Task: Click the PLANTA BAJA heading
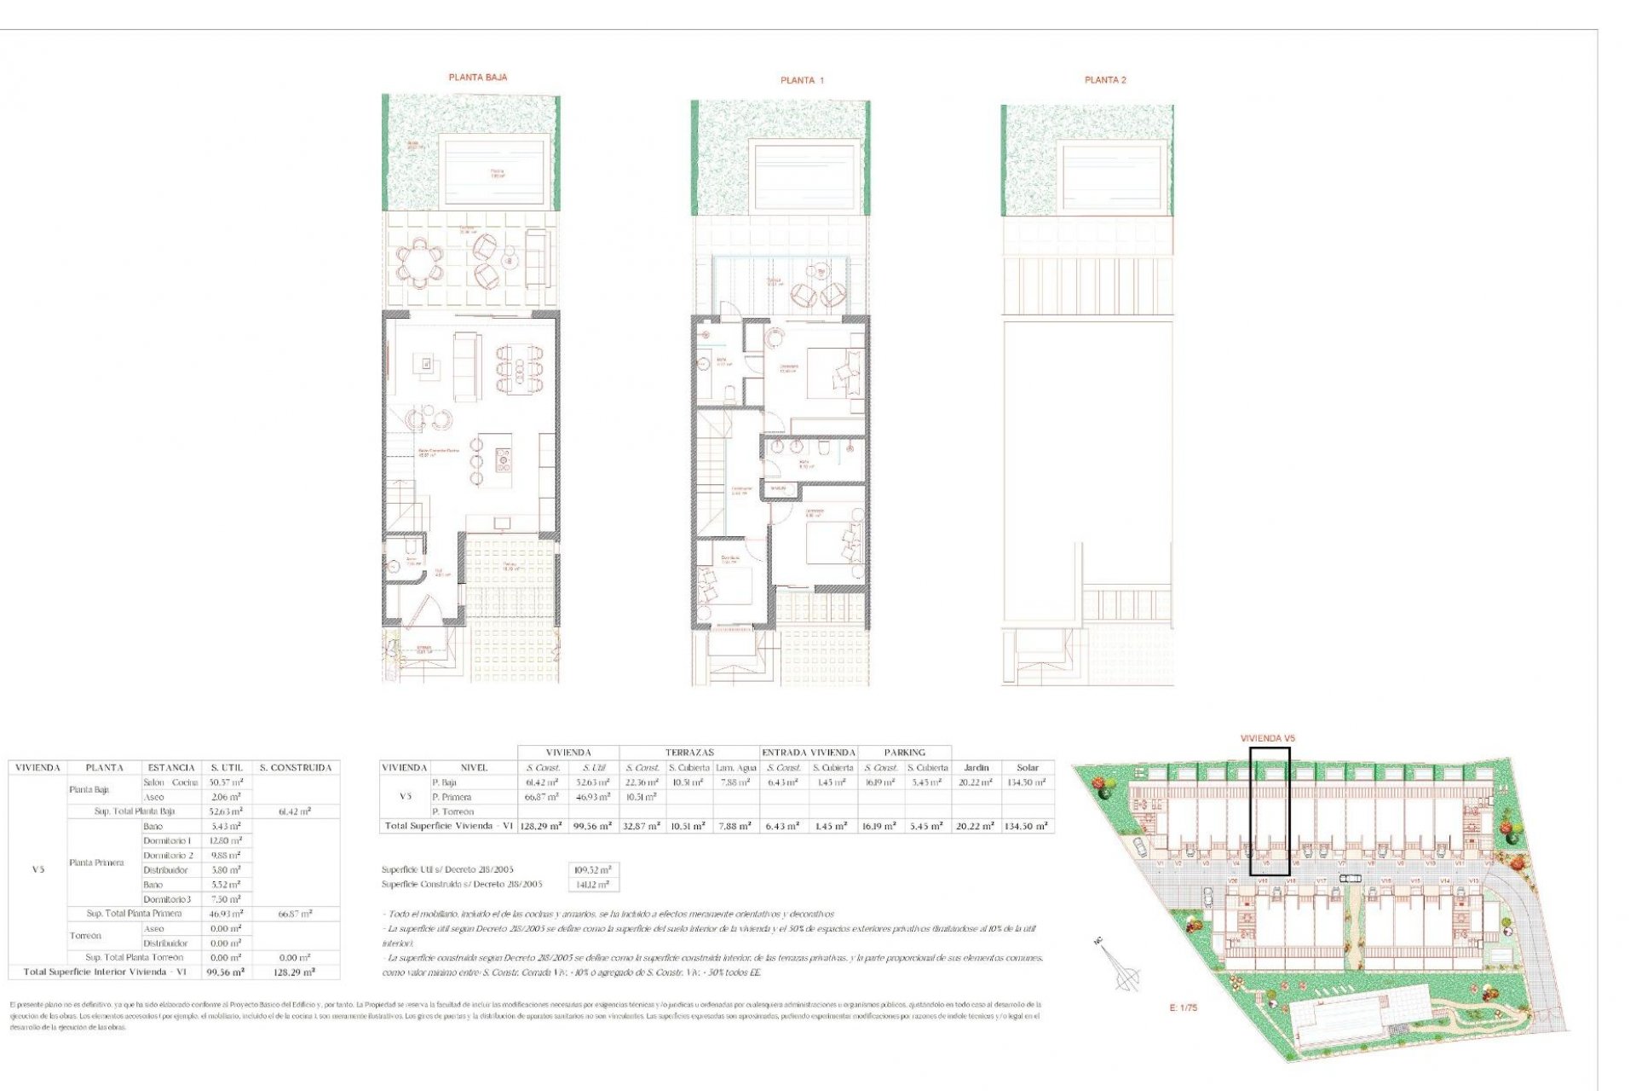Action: pyautogui.click(x=477, y=78)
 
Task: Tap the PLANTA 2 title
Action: pyautogui.click(x=1105, y=80)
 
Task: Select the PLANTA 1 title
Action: pyautogui.click(x=802, y=81)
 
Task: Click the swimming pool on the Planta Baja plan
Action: pyautogui.click(x=494, y=172)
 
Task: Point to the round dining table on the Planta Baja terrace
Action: pyautogui.click(x=419, y=261)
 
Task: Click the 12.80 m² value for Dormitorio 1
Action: pyautogui.click(x=226, y=841)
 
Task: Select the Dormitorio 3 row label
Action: pyautogui.click(x=167, y=899)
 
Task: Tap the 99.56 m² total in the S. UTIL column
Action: pyautogui.click(x=226, y=972)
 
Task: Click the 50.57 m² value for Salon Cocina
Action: pyautogui.click(x=226, y=782)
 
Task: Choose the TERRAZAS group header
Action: pyautogui.click(x=689, y=753)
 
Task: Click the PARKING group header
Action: pyautogui.click(x=904, y=753)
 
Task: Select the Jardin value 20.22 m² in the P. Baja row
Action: pyautogui.click(x=976, y=782)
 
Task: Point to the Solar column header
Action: pyautogui.click(x=1027, y=768)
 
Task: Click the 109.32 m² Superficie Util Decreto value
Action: pyautogui.click(x=593, y=870)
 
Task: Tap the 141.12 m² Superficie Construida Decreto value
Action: pyautogui.click(x=593, y=885)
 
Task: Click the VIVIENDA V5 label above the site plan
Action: pyautogui.click(x=1267, y=738)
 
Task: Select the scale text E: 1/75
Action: pyautogui.click(x=1183, y=1007)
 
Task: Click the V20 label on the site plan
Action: pyautogui.click(x=1232, y=880)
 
